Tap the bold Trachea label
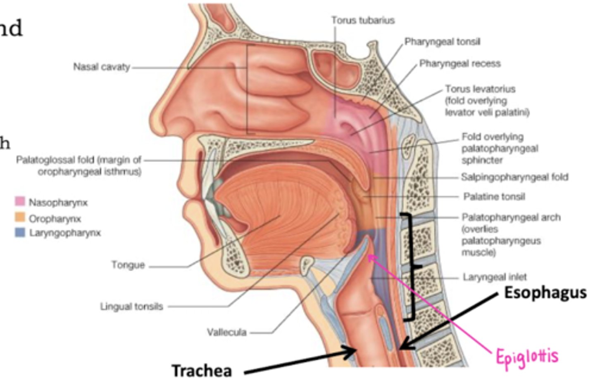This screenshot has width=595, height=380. (x=202, y=370)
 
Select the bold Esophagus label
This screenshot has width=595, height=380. (x=545, y=293)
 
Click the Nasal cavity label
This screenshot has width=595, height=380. (x=102, y=67)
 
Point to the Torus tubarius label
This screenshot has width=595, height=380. (x=363, y=20)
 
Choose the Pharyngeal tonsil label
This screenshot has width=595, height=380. (x=442, y=42)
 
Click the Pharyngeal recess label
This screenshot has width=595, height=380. (x=460, y=64)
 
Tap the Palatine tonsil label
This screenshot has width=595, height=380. (x=494, y=196)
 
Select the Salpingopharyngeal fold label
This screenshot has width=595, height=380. (x=514, y=177)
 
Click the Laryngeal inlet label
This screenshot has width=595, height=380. (x=495, y=277)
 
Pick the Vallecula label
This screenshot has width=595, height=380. (x=227, y=332)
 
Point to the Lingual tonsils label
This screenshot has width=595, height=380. (x=132, y=307)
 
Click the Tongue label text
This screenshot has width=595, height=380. (x=128, y=265)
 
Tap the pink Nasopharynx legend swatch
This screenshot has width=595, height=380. (x=20, y=201)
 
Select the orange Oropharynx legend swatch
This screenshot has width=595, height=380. (x=20, y=217)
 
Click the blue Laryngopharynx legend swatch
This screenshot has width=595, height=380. (x=20, y=232)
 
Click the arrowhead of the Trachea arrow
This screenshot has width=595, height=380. (x=353, y=351)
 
